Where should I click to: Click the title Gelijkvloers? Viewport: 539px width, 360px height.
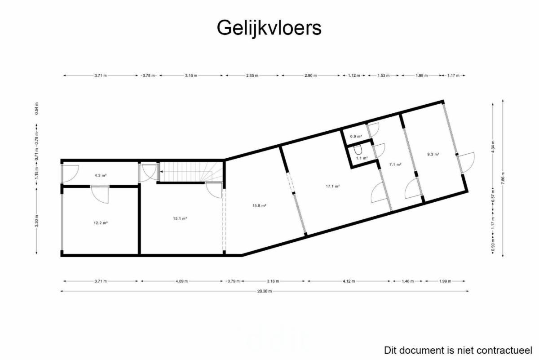coord(269,28)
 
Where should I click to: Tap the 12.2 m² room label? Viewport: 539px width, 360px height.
coord(101,223)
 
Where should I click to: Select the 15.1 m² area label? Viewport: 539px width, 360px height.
coord(180,218)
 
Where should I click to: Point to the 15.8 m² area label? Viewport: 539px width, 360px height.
coord(259,206)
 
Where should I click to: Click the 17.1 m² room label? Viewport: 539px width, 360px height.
coord(333,186)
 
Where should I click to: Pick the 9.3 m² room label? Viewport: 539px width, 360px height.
coord(433,154)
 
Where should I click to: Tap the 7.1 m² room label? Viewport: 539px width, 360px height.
coord(395,164)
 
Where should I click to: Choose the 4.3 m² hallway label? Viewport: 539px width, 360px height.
coord(101,176)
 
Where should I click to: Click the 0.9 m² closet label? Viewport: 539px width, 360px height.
coord(356,137)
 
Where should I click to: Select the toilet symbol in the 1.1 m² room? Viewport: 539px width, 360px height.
coord(358,150)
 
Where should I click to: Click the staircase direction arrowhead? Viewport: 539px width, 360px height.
coord(161,171)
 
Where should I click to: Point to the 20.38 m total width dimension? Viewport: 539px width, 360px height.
coord(265,291)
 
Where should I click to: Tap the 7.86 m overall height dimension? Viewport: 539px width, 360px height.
coord(503,178)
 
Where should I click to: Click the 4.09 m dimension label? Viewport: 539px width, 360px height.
coord(181,281)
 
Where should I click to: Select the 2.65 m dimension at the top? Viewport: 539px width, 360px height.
coord(252,76)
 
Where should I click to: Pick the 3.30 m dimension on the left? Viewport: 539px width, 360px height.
coord(36,221)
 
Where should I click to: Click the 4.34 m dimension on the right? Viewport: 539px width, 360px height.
coord(493,147)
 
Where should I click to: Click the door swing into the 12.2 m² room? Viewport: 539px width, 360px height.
coord(100,195)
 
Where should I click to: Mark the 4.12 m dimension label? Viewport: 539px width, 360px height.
coord(349,281)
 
